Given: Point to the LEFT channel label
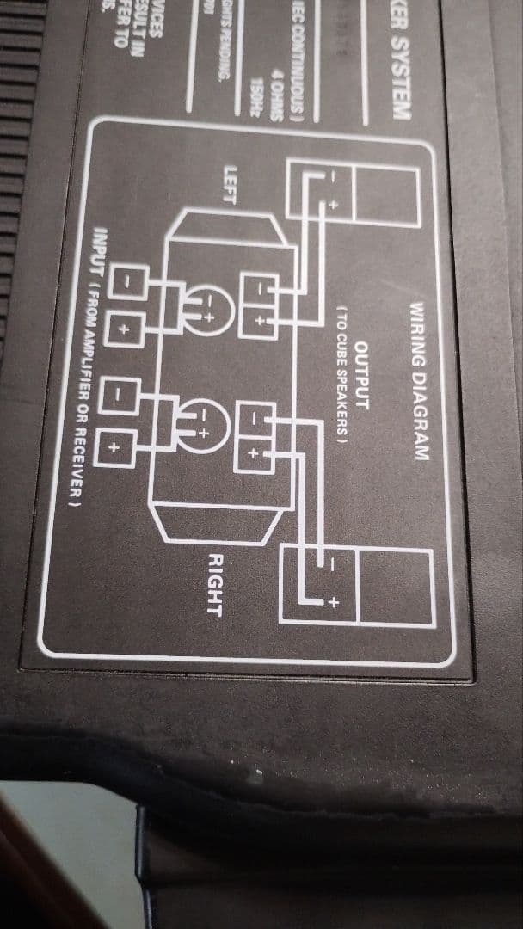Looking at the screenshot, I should pos(229,185).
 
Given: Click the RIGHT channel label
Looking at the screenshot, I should pos(214,586).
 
